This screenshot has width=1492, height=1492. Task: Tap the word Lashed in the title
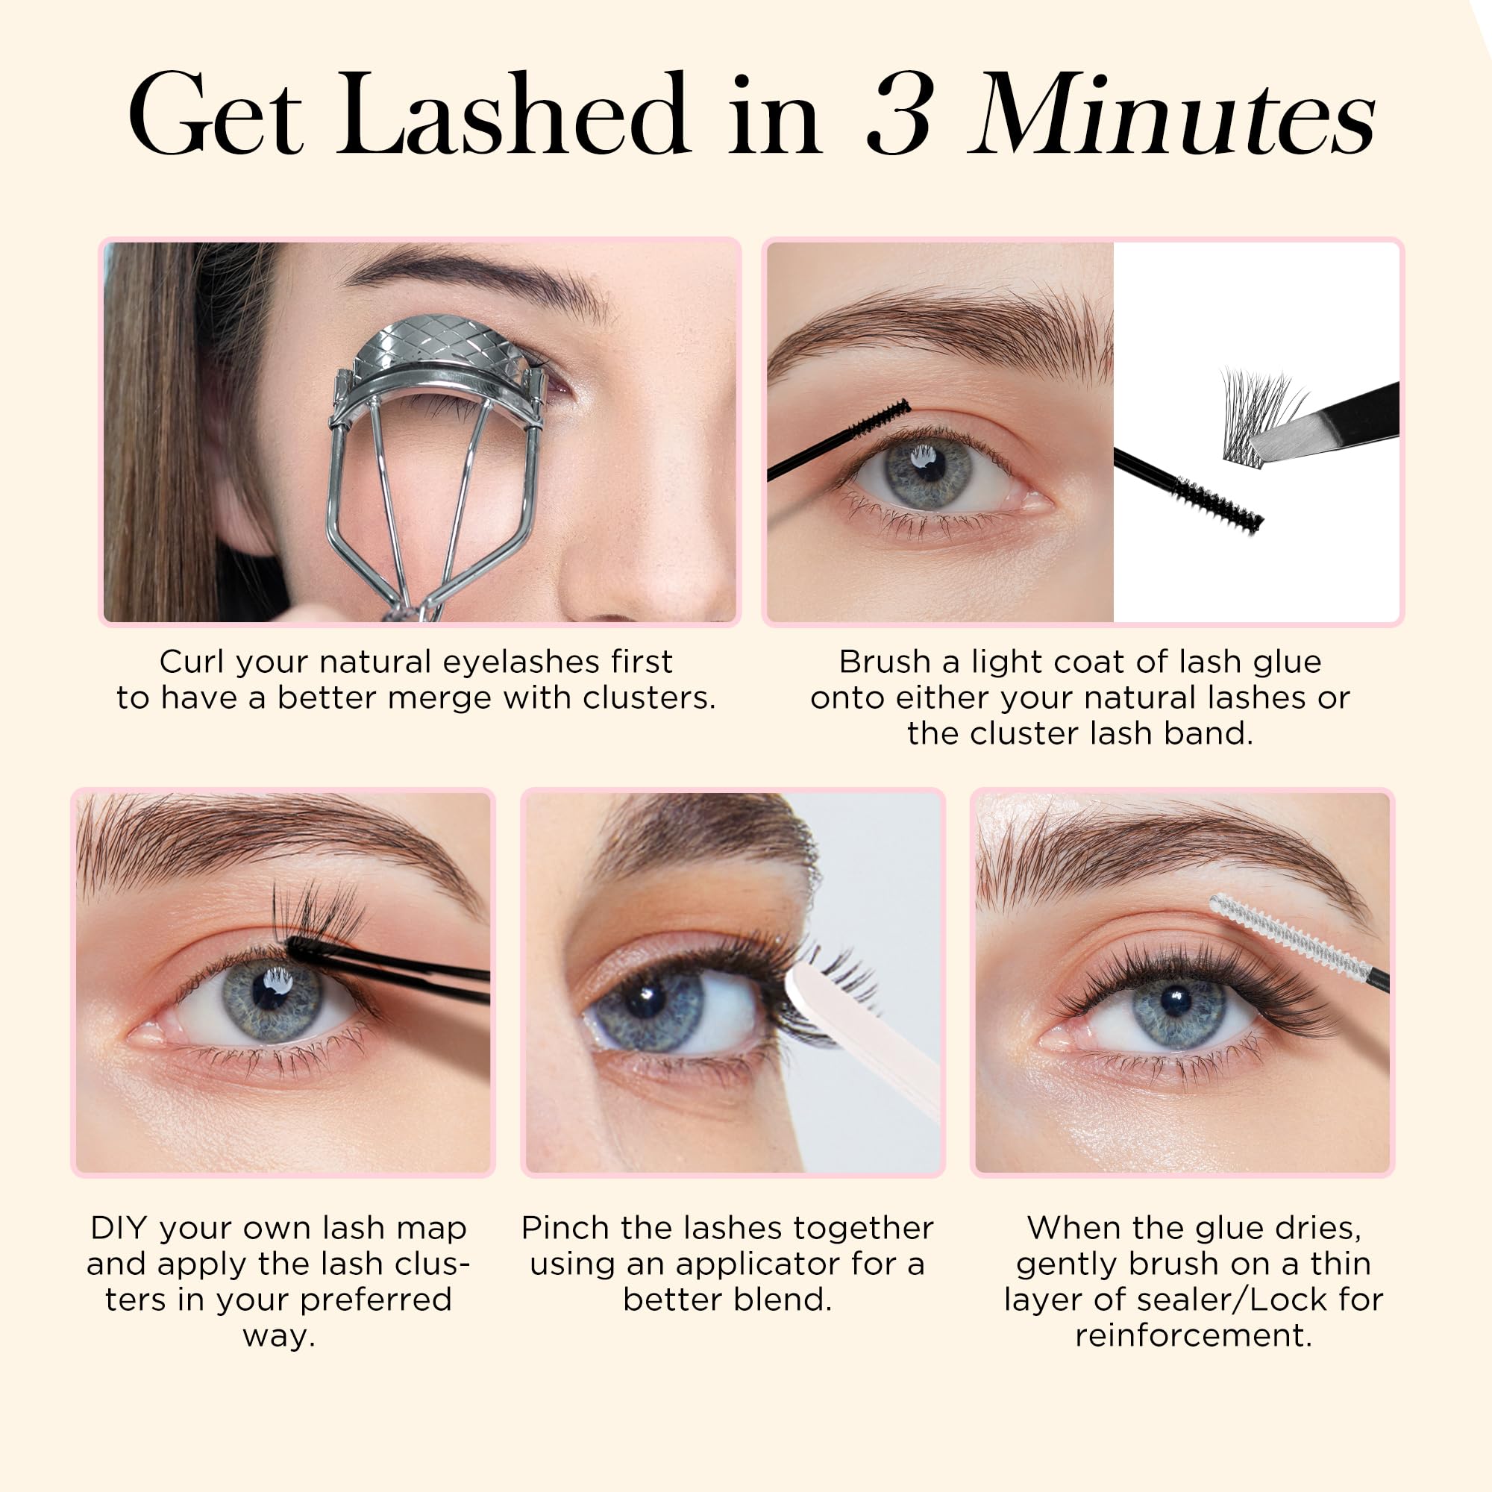tap(511, 113)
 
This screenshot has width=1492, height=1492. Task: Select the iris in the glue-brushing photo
tap(928, 473)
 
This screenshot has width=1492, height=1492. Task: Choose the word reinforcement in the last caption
tap(1194, 1335)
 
